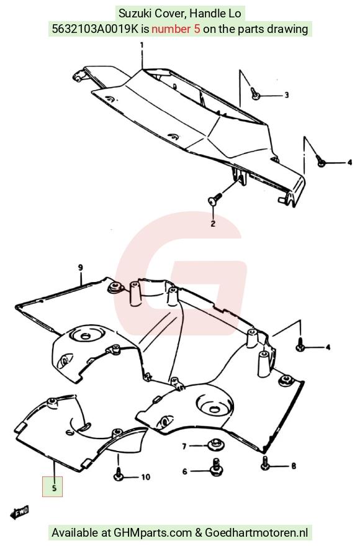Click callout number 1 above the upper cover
point(142,45)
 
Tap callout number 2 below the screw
point(213,223)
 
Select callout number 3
point(287,94)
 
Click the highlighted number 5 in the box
point(54,488)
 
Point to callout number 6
point(185,471)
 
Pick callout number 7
point(184,446)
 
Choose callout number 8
point(294,466)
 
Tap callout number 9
point(80,268)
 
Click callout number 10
point(145,477)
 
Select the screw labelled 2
point(215,199)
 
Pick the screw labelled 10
point(119,475)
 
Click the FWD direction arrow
point(19,512)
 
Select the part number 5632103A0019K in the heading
point(96,29)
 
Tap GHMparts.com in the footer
point(153,533)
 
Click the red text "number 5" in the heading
point(176,29)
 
